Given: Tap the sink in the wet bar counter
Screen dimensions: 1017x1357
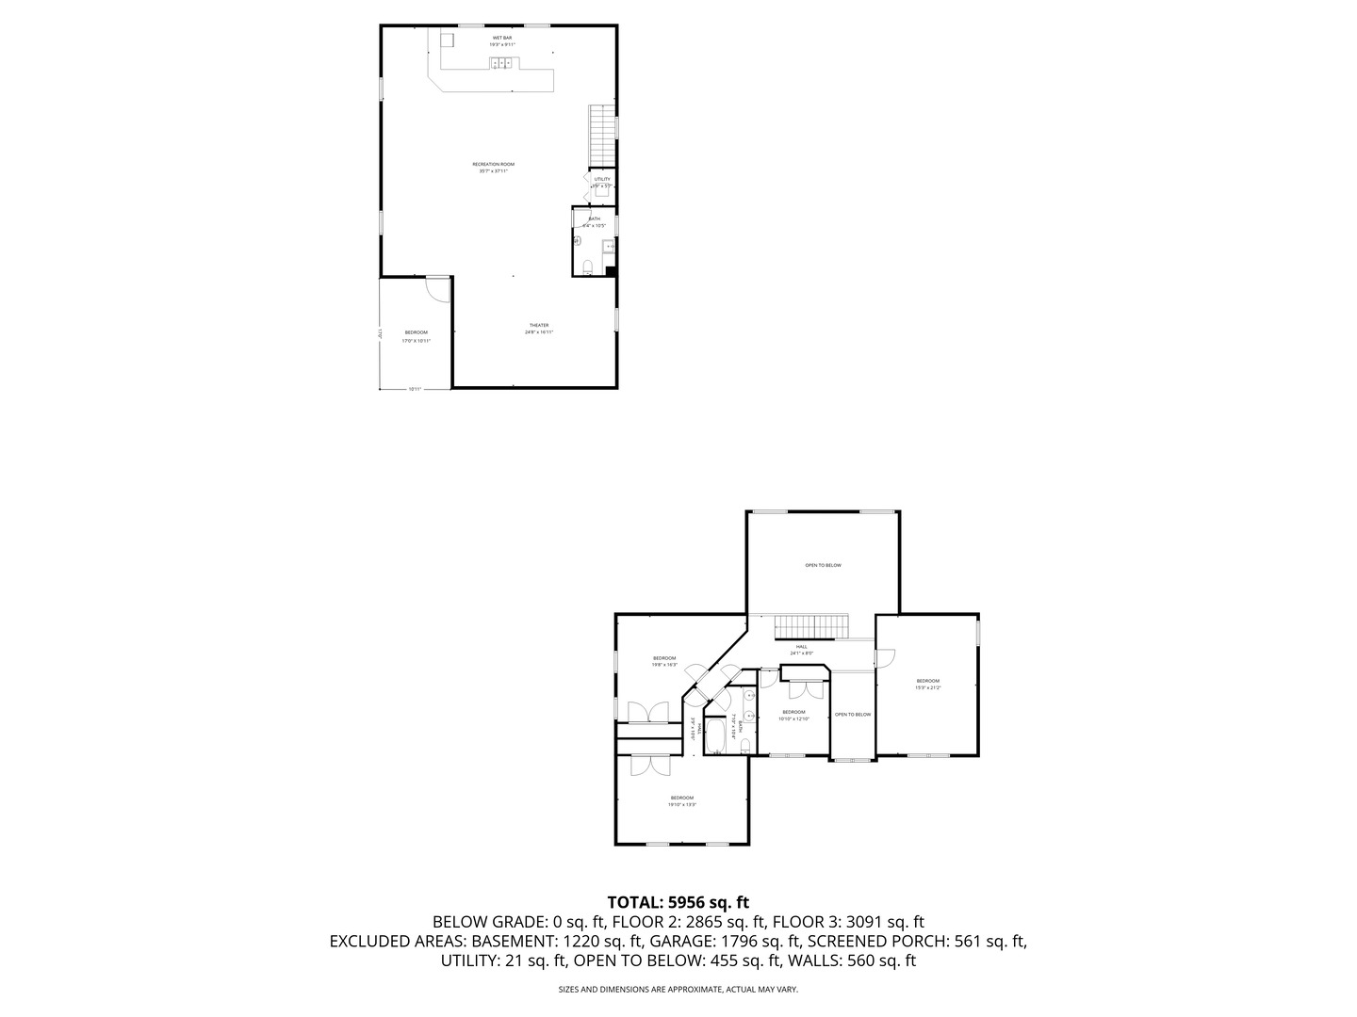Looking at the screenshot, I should click(502, 64).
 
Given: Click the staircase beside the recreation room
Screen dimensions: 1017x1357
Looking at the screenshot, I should click(601, 134).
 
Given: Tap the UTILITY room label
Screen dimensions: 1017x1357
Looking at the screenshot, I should click(601, 179).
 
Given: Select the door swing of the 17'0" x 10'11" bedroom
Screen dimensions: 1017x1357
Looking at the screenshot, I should click(436, 288).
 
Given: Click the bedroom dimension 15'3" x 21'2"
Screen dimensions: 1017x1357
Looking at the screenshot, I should click(927, 687).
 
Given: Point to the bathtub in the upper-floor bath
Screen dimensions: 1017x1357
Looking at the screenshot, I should click(714, 735).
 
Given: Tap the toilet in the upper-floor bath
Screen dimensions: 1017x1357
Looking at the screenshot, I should click(744, 746).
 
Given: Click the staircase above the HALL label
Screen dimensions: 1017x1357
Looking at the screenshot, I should click(811, 626).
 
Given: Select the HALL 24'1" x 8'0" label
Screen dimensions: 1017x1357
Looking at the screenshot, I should click(801, 650).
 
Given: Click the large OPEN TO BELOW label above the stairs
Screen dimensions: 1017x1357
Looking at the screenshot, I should click(823, 565).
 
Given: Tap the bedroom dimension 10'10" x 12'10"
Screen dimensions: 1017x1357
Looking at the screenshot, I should click(793, 718).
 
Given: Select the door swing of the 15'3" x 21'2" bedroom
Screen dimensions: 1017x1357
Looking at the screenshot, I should click(884, 659).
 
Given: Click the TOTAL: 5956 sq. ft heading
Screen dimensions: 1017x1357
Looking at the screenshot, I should click(678, 902).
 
